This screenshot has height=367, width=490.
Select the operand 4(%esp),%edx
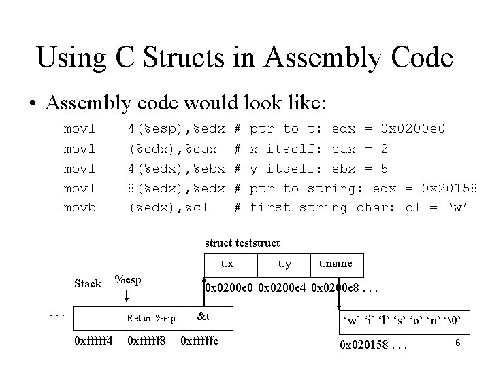(177, 128)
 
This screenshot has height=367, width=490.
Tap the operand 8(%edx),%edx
(177, 187)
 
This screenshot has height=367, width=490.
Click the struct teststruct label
(243, 242)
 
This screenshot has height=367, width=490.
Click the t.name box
(336, 263)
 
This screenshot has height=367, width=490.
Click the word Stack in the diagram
(87, 283)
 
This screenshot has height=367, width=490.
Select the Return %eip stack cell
(151, 318)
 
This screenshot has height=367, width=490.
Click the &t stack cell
(203, 317)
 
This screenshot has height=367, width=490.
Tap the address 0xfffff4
(93, 340)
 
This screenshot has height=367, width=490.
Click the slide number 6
(458, 343)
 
